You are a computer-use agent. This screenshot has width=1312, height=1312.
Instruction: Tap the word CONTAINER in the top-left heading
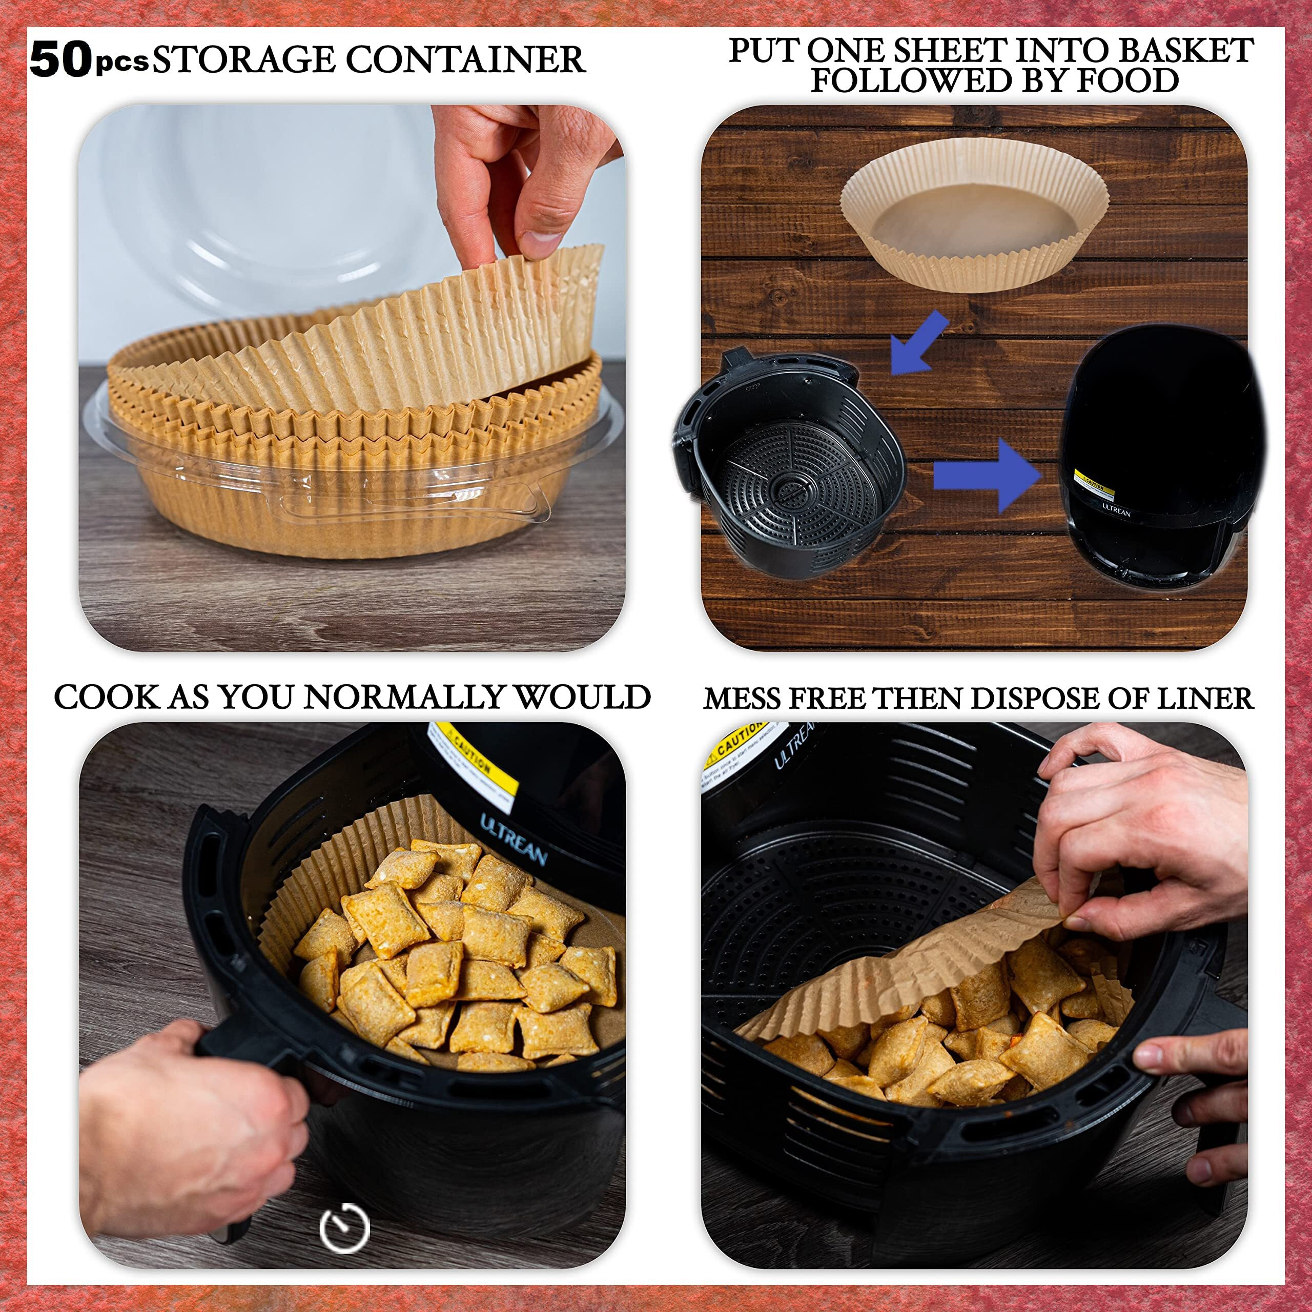pyautogui.click(x=465, y=60)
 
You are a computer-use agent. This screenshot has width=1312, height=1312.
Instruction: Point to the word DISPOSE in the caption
pyautogui.click(x=1038, y=698)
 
